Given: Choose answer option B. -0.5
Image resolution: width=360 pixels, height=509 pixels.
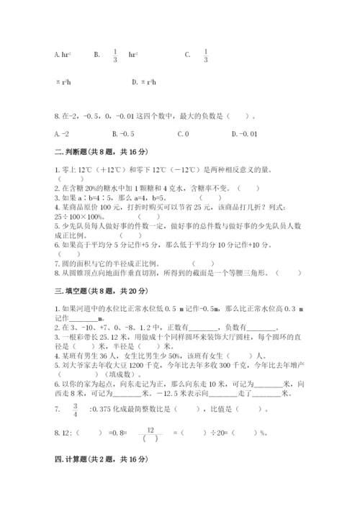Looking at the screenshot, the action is pos(123,133).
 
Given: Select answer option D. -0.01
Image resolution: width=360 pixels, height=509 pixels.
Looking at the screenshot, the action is pos(243,133).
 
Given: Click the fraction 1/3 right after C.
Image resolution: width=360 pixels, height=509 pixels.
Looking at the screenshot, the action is pos(205,55).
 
